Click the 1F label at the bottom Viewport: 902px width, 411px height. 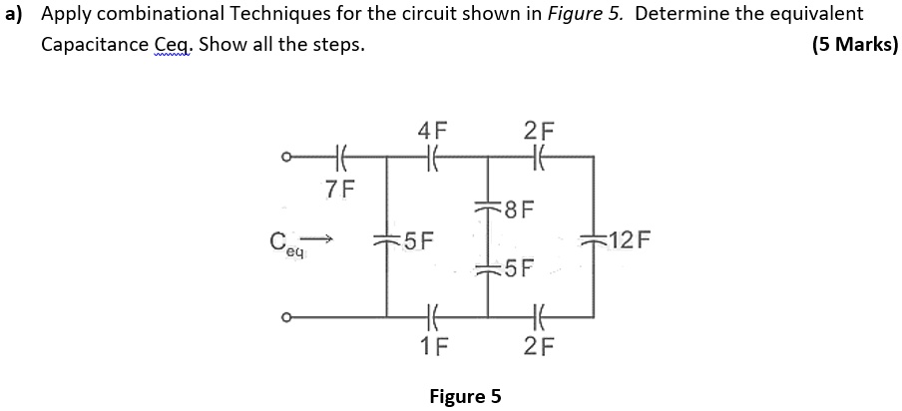point(433,347)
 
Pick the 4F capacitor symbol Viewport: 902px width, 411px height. point(432,157)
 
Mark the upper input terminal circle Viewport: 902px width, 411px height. point(285,157)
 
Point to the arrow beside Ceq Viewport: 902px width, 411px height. point(319,238)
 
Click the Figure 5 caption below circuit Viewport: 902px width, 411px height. point(464,396)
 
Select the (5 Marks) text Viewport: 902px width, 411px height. point(854,45)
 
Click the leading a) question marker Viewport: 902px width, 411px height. point(14,15)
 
